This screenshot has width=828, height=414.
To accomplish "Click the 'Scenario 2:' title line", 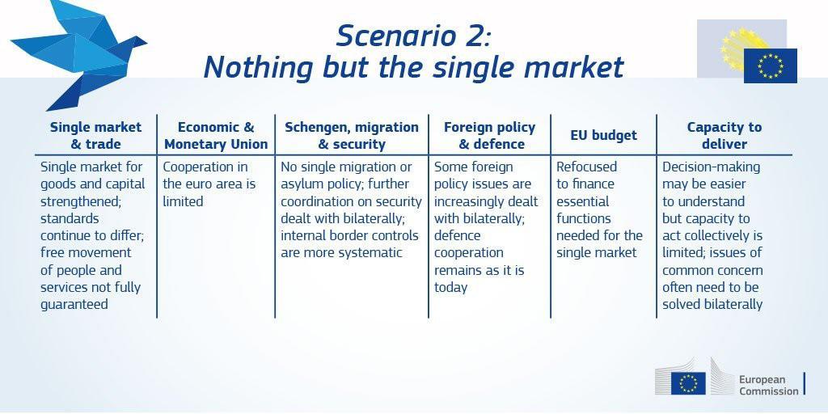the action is pos(414,36).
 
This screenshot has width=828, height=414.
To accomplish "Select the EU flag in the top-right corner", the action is pos(770,65).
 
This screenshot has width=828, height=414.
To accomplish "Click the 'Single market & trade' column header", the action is pos(95,135).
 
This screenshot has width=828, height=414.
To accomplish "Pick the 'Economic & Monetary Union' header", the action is pos(216,135).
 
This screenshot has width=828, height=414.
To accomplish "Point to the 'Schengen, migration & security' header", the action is pos(352,135).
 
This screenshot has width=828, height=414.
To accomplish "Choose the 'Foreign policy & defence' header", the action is pos(489,135).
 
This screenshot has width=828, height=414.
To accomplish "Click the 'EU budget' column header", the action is pos(603,135).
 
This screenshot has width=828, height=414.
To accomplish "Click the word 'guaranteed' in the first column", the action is pos(74,305).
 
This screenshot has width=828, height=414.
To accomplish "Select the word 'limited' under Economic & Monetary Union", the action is pos(183,201).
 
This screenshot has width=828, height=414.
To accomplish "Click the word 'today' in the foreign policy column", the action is pos(451,287).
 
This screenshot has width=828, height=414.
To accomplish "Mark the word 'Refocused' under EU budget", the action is pos(587,167).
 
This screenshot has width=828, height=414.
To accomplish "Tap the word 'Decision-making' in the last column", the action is pos(712,167).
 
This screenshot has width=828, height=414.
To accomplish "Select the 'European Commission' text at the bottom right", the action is pos(769,386).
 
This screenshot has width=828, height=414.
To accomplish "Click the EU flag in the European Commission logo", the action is pos(688,383).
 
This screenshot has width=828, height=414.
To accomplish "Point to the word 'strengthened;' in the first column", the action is pos(78,201).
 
